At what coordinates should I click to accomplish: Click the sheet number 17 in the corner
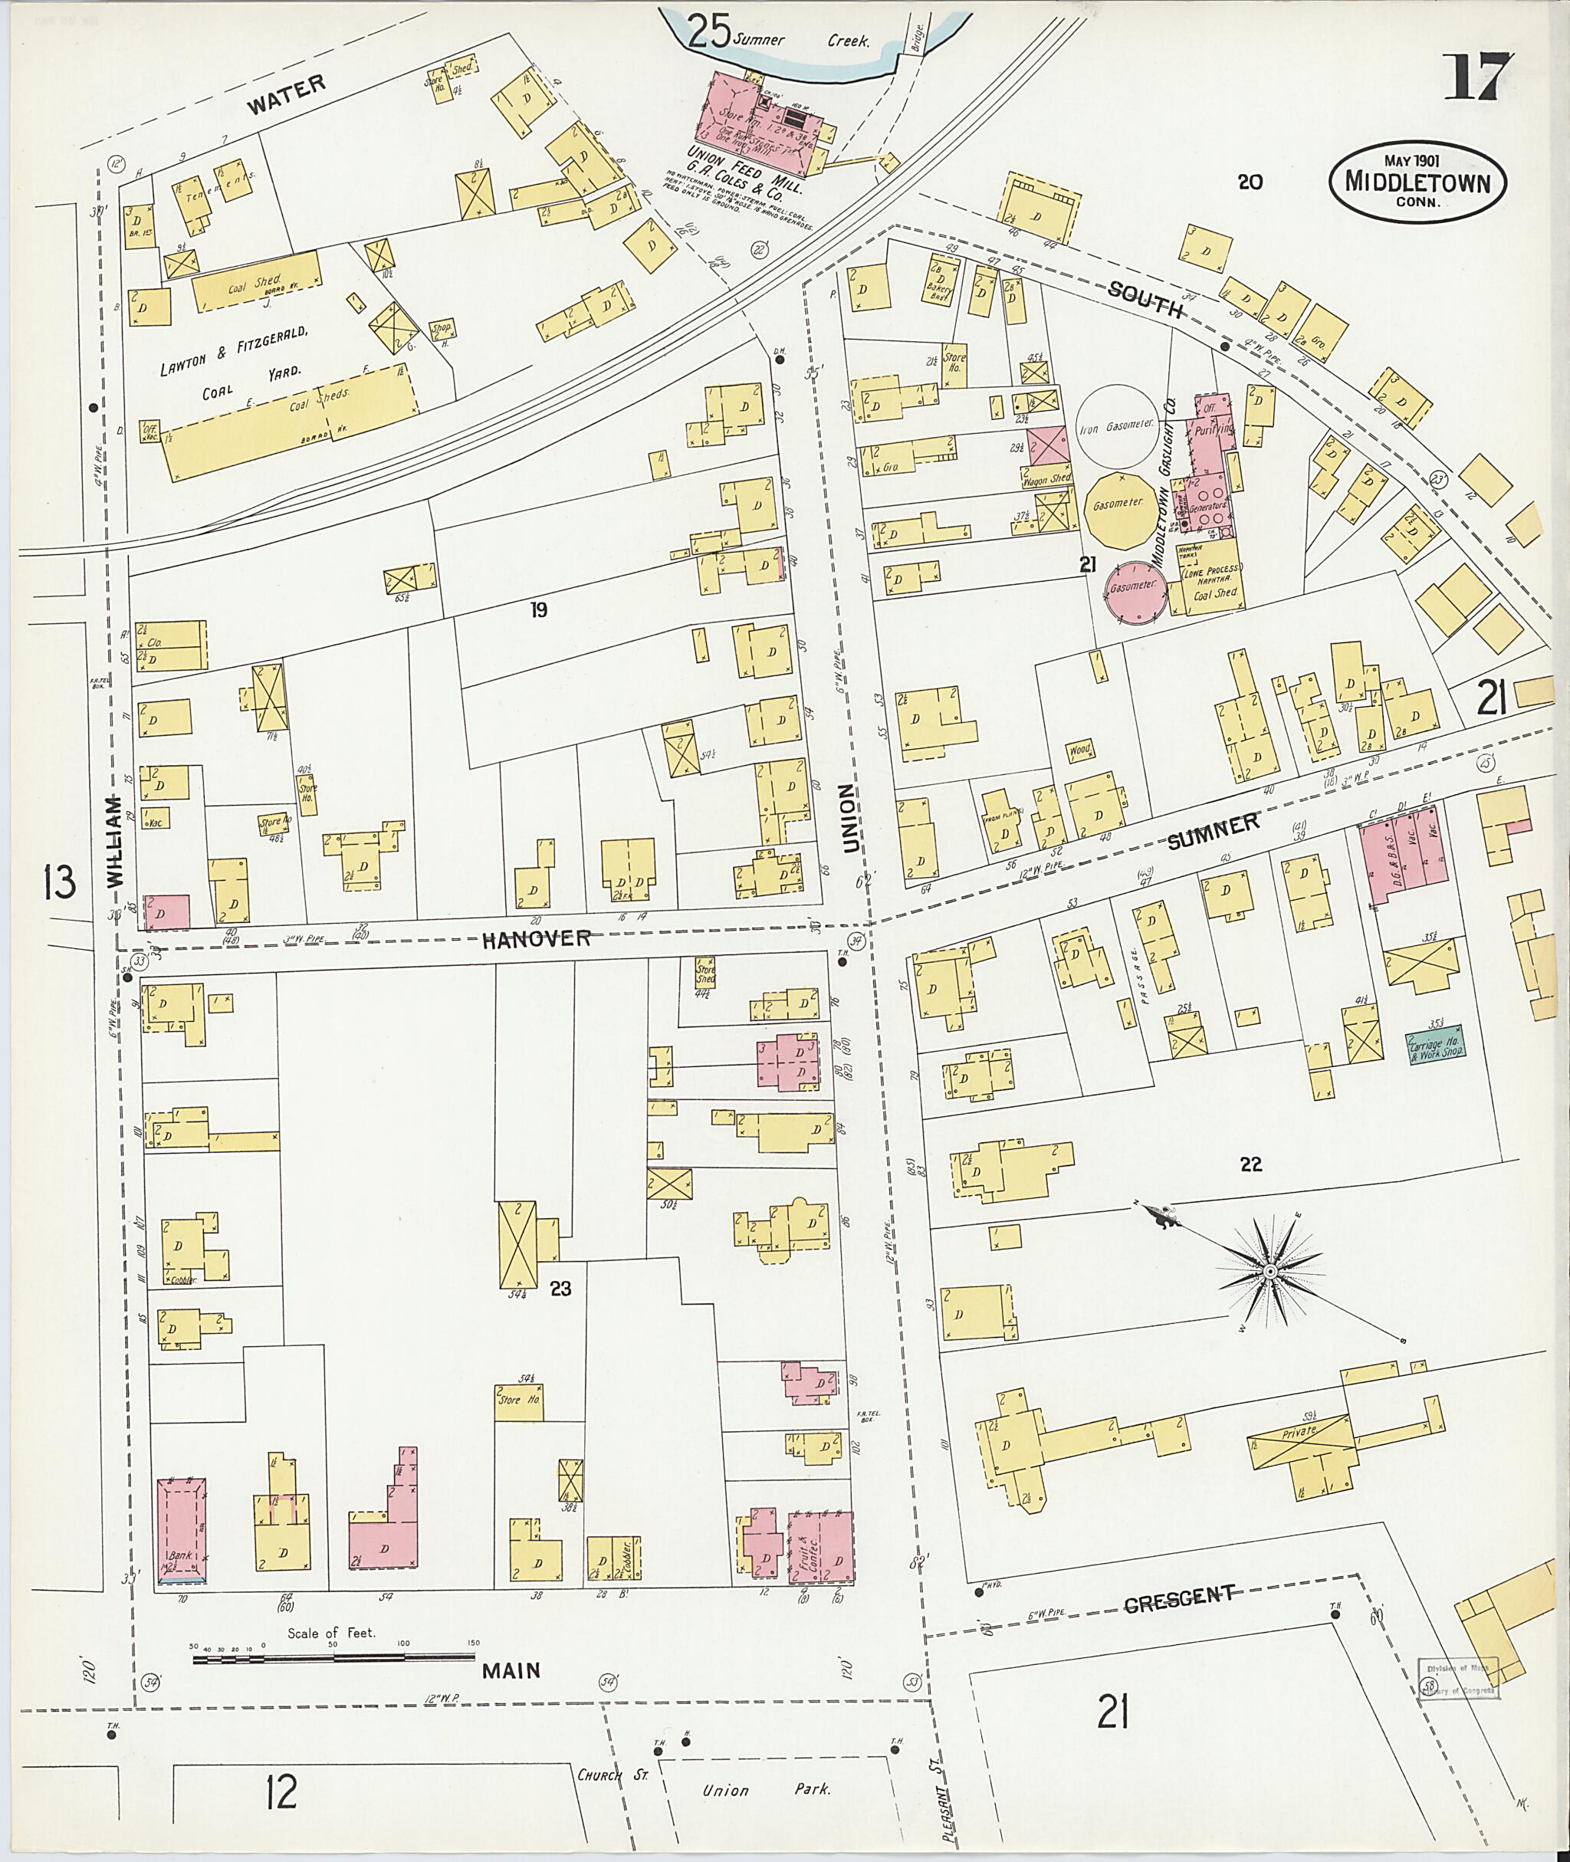pos(1476,78)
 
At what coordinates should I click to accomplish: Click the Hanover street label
pos(536,938)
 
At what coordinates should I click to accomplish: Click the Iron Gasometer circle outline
pos(1117,425)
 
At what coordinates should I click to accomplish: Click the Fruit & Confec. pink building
pos(819,1545)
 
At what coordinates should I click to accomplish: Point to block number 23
pos(560,1288)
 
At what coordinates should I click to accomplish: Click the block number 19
pos(537,609)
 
